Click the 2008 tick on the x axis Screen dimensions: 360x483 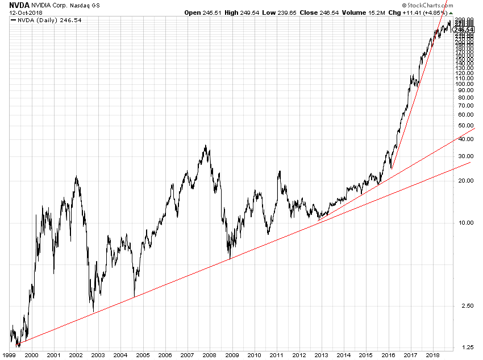(x=210, y=355)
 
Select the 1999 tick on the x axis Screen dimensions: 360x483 (x=9, y=355)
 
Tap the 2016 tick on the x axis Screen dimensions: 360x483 (x=389, y=355)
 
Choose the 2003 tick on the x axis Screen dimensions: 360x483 (x=98, y=355)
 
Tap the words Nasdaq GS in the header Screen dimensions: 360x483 (x=89, y=5)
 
